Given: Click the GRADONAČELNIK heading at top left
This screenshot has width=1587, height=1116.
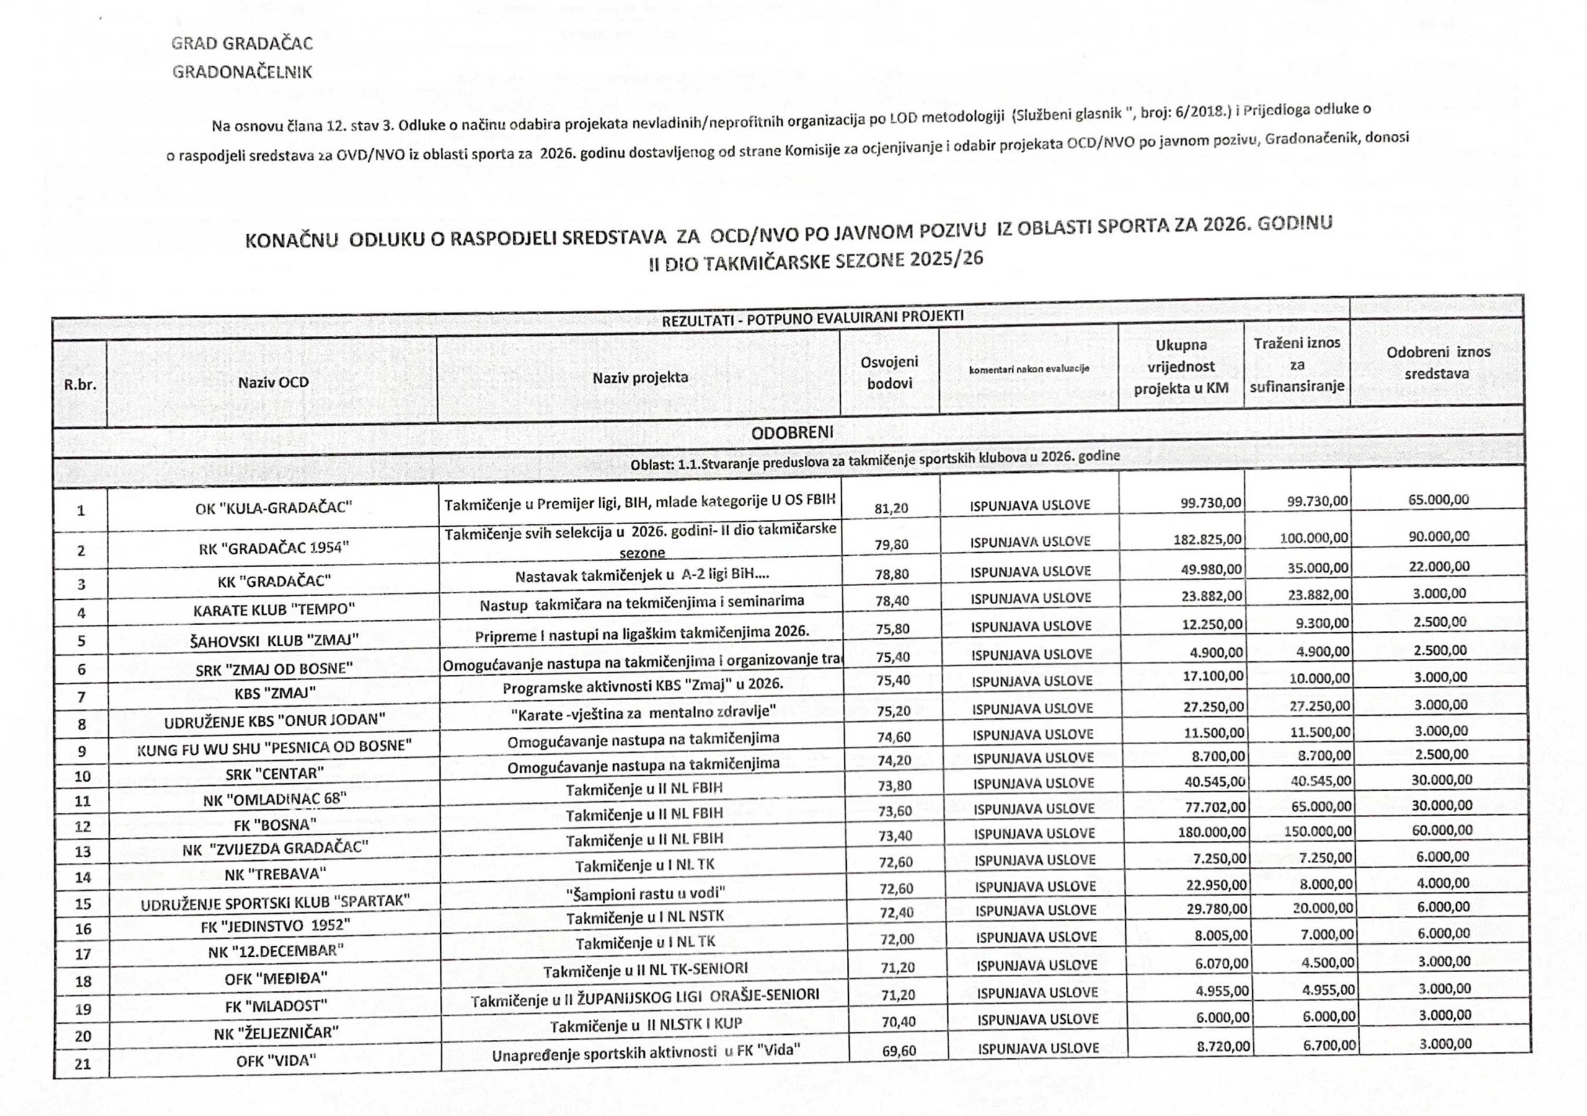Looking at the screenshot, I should tap(242, 72).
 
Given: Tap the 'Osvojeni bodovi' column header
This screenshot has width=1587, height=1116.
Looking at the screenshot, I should tap(889, 372).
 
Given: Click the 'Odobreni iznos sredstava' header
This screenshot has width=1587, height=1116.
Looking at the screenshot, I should tap(1438, 362).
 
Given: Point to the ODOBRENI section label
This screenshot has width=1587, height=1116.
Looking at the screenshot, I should tap(792, 433).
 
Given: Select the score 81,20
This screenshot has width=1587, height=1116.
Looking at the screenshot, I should tap(891, 509).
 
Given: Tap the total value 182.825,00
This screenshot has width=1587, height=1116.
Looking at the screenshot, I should tap(1207, 539).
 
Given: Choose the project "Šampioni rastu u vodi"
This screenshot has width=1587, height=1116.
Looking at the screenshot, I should tap(645, 894).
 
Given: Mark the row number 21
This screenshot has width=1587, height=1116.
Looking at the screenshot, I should tap(83, 1064).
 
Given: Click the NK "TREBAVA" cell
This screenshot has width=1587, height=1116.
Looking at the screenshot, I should tap(275, 874).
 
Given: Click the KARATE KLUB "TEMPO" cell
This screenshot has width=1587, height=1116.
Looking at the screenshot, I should tap(274, 610).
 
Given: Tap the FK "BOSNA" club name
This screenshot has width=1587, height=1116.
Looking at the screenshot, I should tap(275, 824).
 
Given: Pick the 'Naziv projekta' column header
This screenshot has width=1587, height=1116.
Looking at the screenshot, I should tap(640, 377).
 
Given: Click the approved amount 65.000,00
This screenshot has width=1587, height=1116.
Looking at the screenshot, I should tap(1438, 499).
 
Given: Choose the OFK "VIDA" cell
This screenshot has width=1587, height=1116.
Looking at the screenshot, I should tap(276, 1060).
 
